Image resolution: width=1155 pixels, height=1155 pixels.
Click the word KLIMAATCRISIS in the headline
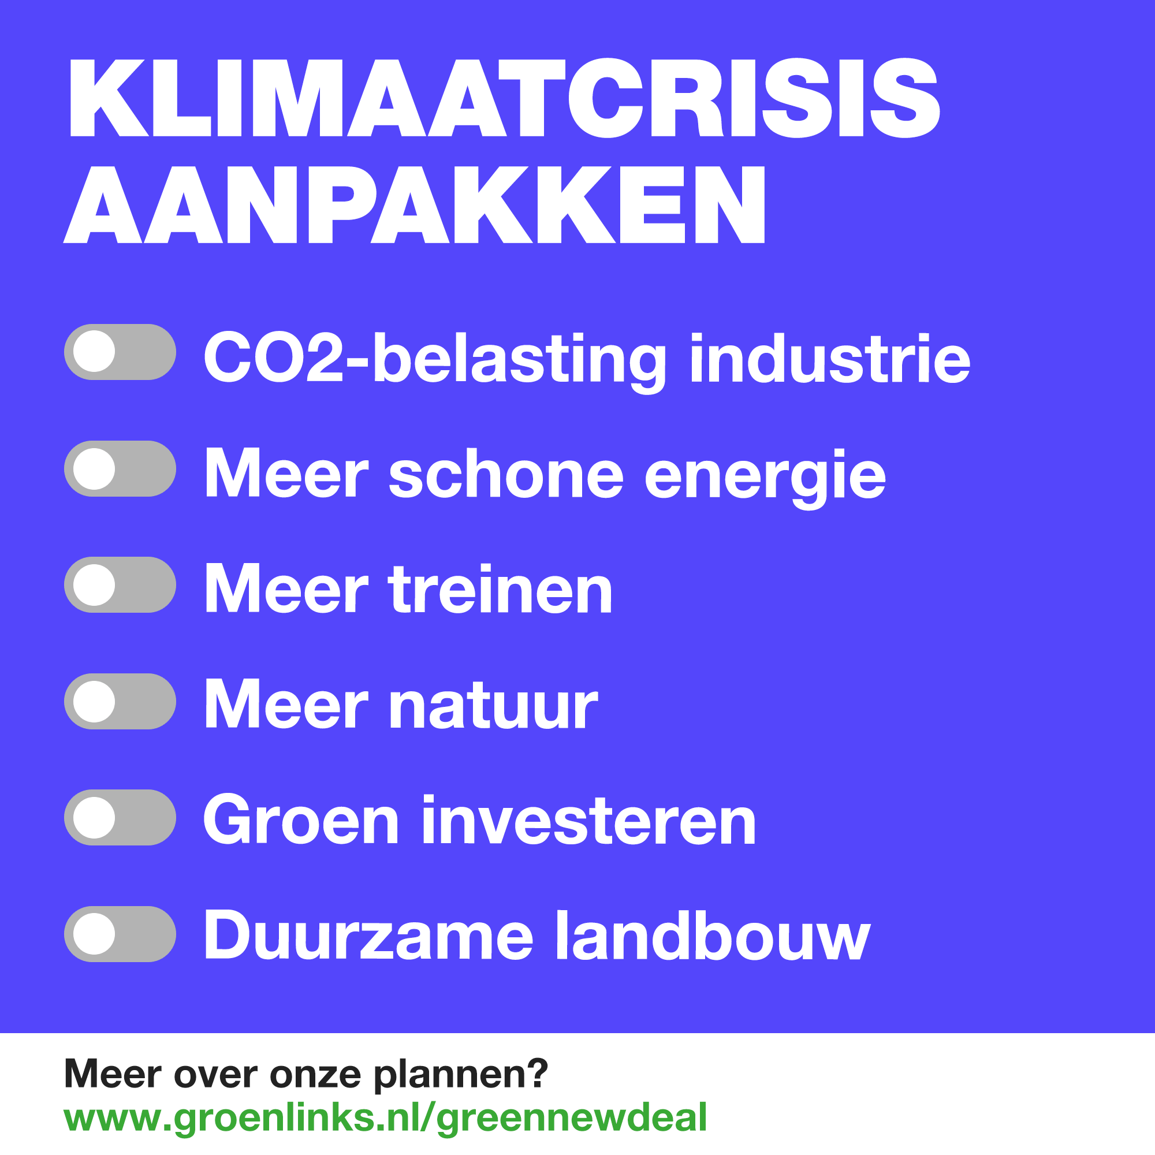pos(504,98)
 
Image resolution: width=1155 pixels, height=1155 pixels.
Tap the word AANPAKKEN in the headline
pos(414,204)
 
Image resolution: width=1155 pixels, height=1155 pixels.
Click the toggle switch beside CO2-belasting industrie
pos(120,352)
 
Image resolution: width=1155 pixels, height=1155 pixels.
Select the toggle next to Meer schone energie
pos(120,469)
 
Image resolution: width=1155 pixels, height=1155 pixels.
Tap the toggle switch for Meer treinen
pos(120,584)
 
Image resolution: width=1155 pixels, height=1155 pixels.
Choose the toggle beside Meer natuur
pos(120,701)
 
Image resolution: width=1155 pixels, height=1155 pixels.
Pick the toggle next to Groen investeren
pos(120,817)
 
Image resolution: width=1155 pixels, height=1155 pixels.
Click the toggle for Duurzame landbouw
pos(120,934)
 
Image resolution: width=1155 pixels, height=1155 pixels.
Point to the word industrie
pos(830,359)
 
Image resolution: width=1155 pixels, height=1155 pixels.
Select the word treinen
pos(500,591)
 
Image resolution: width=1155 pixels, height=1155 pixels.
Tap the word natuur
pos(493,707)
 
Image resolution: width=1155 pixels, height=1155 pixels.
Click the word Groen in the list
pos(301,821)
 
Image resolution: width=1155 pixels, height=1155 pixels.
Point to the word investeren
pos(588,821)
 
